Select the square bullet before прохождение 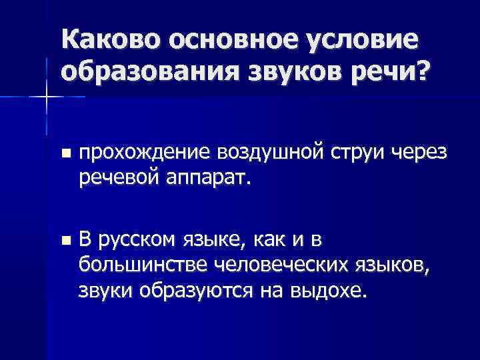click(64, 154)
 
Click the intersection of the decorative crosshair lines click(46, 97)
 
